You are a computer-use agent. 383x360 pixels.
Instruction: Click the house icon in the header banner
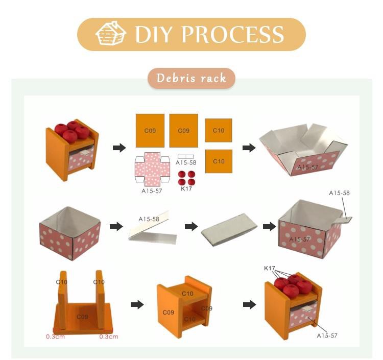(x=111, y=33)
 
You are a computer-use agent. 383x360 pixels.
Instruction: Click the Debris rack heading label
(x=192, y=78)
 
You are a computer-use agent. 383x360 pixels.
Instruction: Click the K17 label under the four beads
(x=186, y=188)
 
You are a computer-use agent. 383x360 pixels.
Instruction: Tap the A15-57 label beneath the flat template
(x=152, y=191)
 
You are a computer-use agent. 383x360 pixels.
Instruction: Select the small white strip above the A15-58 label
(x=186, y=157)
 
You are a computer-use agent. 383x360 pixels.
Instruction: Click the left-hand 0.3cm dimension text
(x=56, y=337)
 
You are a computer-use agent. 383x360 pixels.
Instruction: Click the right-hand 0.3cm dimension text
(x=109, y=337)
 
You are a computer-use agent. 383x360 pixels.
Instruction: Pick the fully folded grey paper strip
(x=229, y=230)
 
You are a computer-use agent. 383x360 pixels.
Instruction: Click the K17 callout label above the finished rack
(x=270, y=268)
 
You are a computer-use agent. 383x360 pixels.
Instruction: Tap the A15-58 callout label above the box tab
(x=339, y=193)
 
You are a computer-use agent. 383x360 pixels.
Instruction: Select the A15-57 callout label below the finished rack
(x=327, y=335)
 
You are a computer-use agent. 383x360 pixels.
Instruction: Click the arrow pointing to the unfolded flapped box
(x=249, y=148)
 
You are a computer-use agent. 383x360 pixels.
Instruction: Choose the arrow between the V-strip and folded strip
(x=192, y=226)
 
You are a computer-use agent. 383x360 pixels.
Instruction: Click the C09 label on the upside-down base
(x=82, y=317)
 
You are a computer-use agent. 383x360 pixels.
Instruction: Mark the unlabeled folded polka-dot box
(x=70, y=233)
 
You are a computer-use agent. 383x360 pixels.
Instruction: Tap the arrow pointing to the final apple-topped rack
(x=250, y=304)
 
